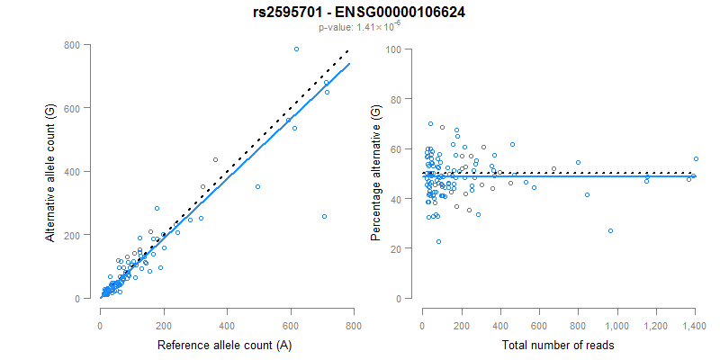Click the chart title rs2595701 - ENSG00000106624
pos(359,12)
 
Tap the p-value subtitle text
pos(359,28)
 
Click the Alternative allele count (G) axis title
pos(52,171)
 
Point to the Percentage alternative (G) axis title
pos(376,171)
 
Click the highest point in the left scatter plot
pos(296,49)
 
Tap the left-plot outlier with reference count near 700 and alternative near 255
pos(324,216)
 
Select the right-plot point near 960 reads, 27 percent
pos(610,230)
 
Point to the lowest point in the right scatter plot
pos(438,241)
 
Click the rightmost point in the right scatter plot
pos(696,158)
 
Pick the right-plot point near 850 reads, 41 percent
pos(587,194)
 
